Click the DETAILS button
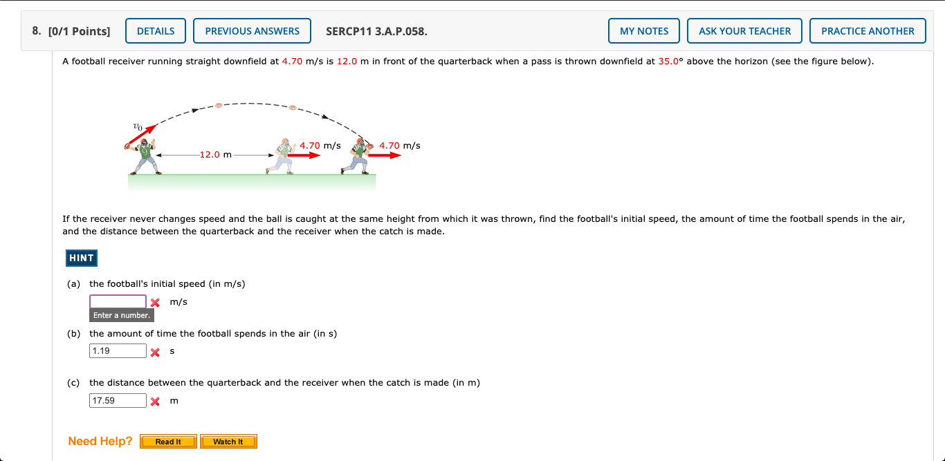pos(156,31)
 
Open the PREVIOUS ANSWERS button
pos(252,31)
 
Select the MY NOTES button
pos(644,31)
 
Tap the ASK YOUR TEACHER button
pos(744,31)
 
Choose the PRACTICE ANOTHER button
pos(868,31)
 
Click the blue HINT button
pos(81,258)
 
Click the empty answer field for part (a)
pos(118,302)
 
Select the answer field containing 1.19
pos(118,351)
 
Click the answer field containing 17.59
pos(118,401)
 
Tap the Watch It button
pos(228,442)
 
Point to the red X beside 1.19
pos(156,352)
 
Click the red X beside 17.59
pos(156,402)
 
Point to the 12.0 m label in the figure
pos(215,155)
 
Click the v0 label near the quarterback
pos(138,127)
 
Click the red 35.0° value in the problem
pos(670,62)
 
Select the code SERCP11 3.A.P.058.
pos(376,31)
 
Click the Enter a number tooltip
pos(122,315)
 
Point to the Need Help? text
pos(100,441)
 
